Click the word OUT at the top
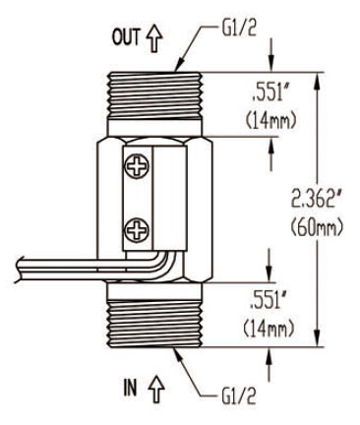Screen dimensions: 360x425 (x=127, y=36)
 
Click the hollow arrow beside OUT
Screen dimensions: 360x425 (x=154, y=38)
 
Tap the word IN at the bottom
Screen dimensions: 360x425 (x=130, y=388)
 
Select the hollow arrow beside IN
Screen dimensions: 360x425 (x=156, y=390)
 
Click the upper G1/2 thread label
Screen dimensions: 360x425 (x=239, y=29)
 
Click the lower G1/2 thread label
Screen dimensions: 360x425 (x=238, y=396)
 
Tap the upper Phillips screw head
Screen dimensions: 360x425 (x=137, y=166)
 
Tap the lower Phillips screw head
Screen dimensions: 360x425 (x=137, y=229)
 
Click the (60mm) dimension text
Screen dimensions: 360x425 (x=317, y=227)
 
